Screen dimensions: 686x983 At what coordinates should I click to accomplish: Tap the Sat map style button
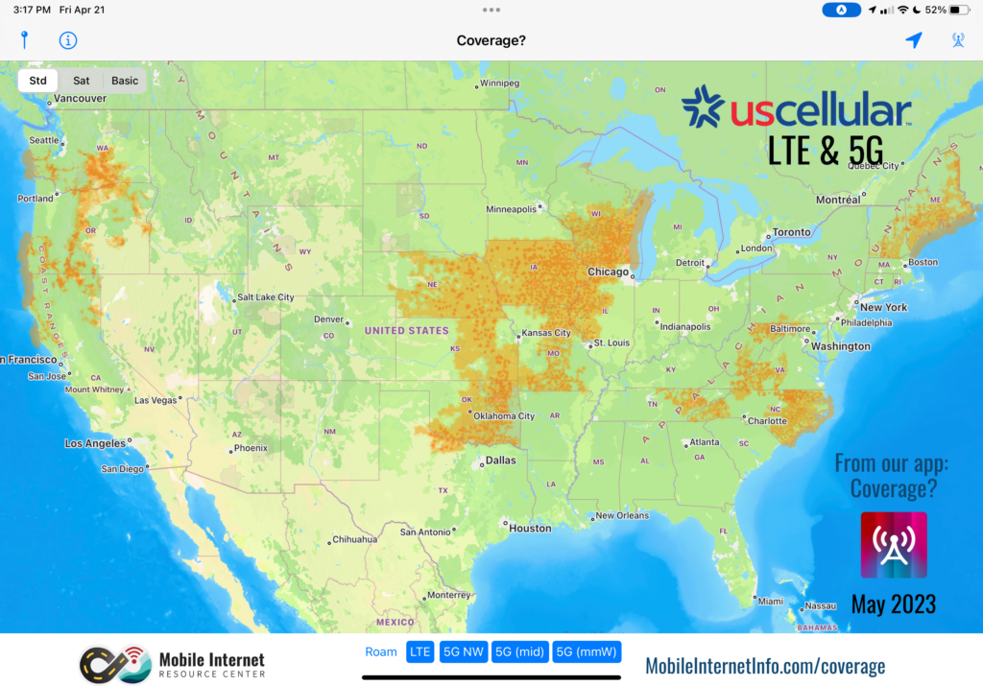pos(82,81)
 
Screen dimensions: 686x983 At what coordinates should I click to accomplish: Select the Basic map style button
pos(125,81)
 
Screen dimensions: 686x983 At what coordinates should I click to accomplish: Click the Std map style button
pos(38,81)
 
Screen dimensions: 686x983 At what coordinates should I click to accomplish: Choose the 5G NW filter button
pos(463,652)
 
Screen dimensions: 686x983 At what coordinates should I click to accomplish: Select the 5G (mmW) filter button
pos(587,652)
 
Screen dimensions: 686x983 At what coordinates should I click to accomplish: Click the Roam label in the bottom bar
pos(381,652)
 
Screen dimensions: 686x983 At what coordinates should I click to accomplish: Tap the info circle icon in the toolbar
pos(68,40)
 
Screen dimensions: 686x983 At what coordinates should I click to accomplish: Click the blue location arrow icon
pos(914,40)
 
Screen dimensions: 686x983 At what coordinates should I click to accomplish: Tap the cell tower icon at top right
pos(957,40)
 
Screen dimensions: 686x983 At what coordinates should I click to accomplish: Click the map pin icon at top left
pos(25,40)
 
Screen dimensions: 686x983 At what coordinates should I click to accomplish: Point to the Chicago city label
pos(608,272)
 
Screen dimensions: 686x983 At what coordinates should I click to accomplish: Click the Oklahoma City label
pos(504,416)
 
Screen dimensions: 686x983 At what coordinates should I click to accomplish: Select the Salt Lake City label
pos(266,297)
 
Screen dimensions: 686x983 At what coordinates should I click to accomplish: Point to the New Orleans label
pos(621,515)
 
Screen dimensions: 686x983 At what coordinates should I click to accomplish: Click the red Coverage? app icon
pos(894,545)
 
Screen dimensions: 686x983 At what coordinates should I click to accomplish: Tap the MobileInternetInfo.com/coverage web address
pos(765,666)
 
